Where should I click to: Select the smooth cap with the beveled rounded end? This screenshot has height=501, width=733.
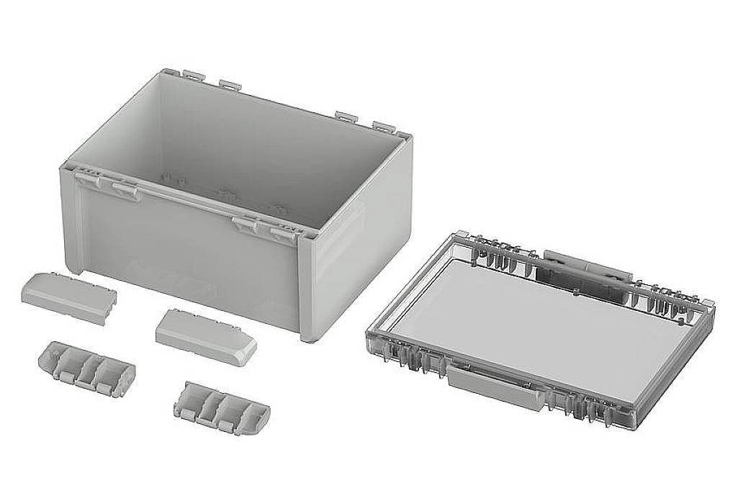tap(206, 335)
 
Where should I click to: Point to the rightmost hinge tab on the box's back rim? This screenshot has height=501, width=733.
tap(387, 127)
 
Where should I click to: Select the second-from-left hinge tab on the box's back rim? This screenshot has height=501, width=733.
tap(230, 83)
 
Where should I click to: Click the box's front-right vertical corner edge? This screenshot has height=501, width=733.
tap(307, 288)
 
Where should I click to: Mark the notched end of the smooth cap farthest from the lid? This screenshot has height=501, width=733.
tap(108, 304)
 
